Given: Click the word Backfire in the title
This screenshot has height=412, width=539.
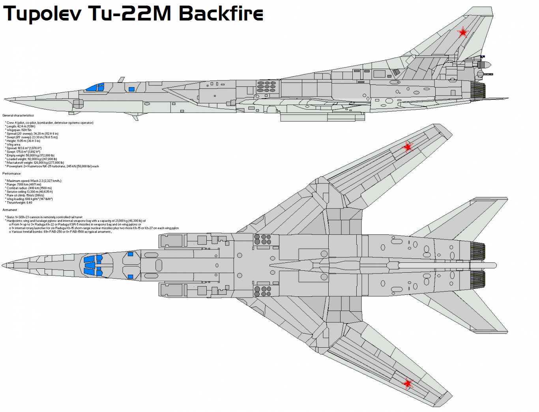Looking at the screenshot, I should (x=221, y=13).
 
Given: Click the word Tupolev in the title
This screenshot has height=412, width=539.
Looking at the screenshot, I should (x=42, y=13).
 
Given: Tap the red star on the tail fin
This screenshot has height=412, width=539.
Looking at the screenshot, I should (x=462, y=32).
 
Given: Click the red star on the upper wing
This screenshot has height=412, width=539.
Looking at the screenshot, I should (x=408, y=147).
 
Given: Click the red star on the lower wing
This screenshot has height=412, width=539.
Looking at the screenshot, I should (x=408, y=383).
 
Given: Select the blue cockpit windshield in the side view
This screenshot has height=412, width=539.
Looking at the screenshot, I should (x=95, y=88).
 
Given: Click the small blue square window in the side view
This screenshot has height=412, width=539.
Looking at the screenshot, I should (x=131, y=90).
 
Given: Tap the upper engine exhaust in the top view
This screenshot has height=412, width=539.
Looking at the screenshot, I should (x=477, y=251).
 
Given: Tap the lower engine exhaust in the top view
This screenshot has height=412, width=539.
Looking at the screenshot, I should (x=477, y=280).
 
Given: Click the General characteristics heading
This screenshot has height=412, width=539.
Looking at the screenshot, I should (x=18, y=116).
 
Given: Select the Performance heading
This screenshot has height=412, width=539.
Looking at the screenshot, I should (x=11, y=174).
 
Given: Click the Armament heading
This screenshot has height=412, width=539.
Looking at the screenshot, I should (x=10, y=210).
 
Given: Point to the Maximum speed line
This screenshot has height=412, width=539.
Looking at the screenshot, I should (x=34, y=181).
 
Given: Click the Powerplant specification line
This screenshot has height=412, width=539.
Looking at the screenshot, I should (x=52, y=166).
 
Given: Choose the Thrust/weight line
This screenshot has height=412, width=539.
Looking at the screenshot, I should (x=19, y=202).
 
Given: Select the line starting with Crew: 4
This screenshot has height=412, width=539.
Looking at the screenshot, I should (x=50, y=123).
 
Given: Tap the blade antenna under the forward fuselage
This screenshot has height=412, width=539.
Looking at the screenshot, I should (x=134, y=117).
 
